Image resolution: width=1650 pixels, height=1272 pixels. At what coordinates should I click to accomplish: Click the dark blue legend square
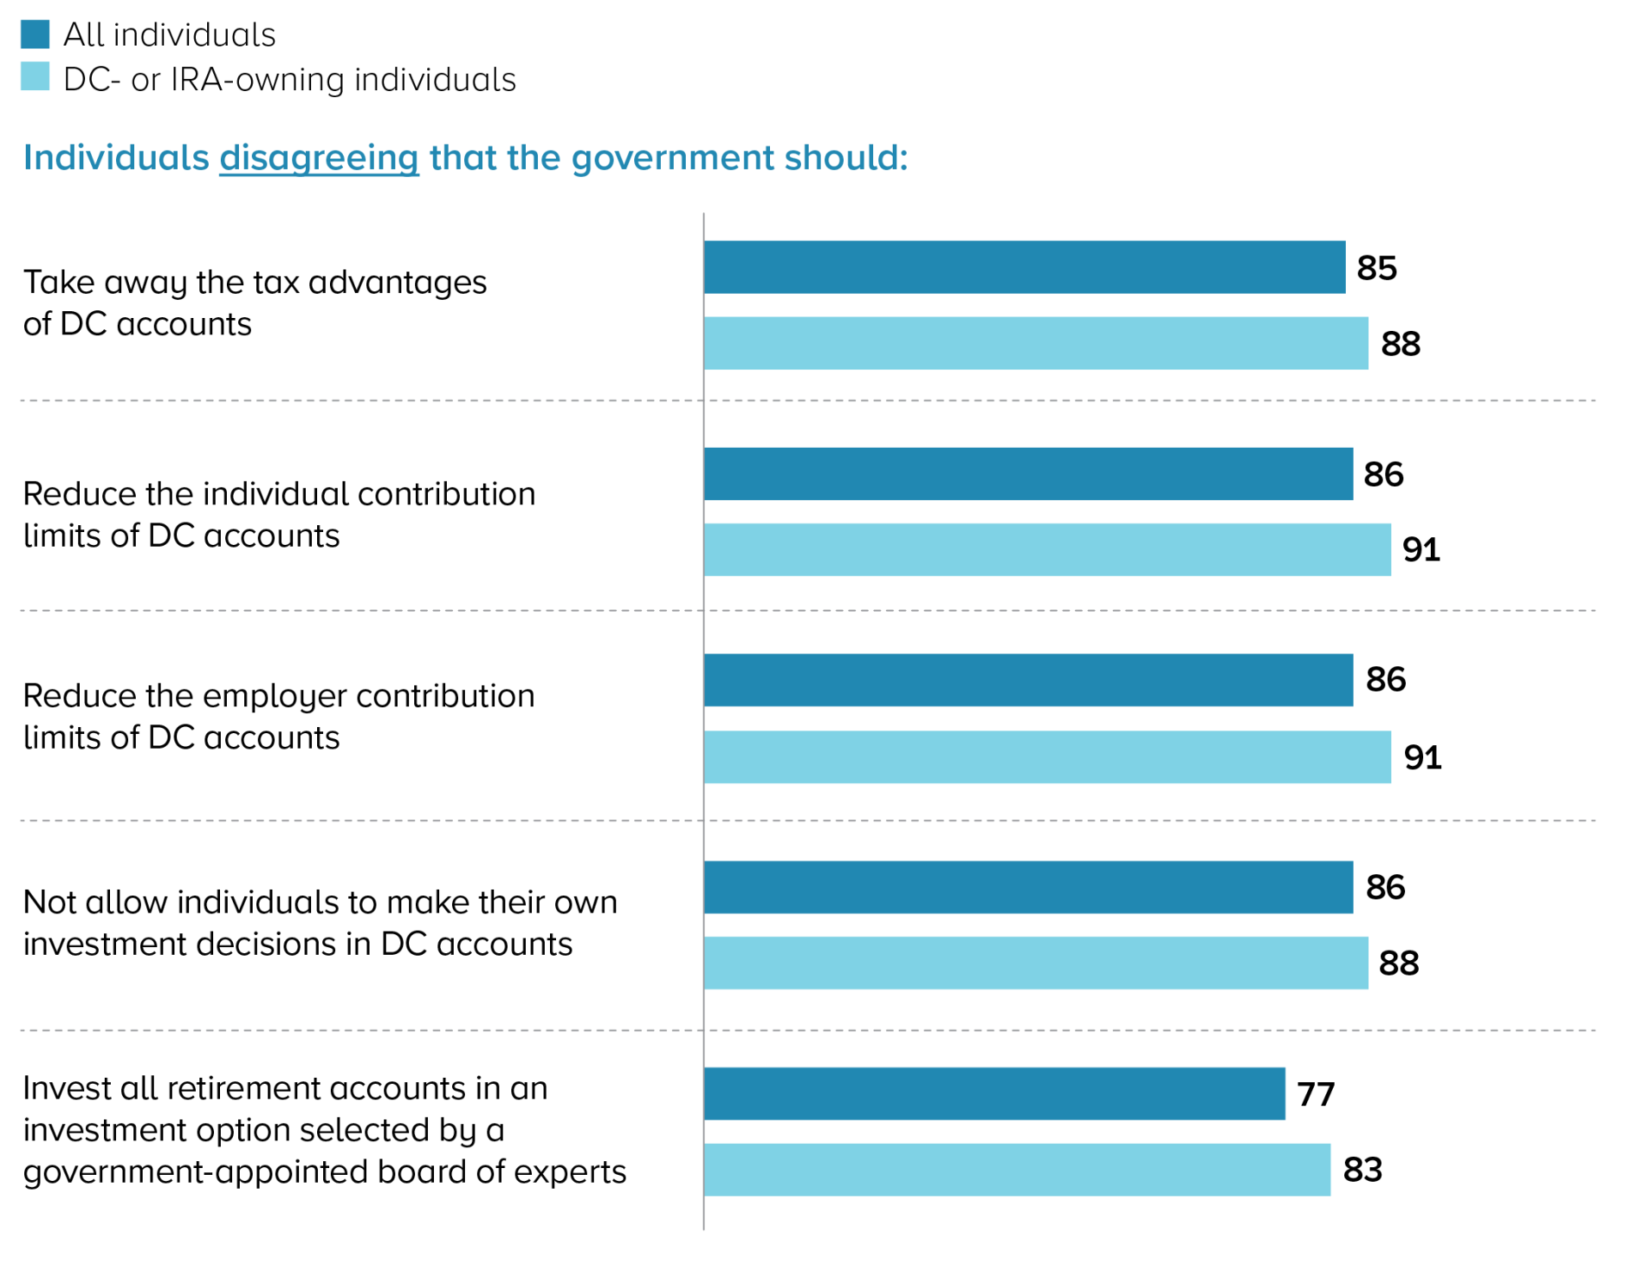[35, 34]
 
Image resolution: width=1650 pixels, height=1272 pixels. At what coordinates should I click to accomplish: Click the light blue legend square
[35, 76]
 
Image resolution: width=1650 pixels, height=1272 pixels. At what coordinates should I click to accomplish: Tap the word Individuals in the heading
[116, 157]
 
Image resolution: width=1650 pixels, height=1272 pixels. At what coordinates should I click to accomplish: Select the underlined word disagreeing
[319, 158]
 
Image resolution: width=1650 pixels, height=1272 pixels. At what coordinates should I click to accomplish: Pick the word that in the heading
[462, 157]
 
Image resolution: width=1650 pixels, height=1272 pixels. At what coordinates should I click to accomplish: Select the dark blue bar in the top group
[1024, 267]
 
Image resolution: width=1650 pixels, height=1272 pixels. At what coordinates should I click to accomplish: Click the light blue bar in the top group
[1036, 344]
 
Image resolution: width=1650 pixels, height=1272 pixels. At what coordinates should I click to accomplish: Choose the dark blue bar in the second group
[1028, 474]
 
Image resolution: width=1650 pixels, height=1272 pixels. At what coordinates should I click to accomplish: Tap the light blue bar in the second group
[1047, 550]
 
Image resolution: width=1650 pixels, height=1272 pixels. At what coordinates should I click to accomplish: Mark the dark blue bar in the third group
[1028, 681]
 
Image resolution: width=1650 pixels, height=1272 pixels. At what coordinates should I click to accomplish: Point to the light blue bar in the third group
[1047, 757]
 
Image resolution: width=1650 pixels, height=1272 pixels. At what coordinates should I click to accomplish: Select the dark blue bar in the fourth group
[1028, 887]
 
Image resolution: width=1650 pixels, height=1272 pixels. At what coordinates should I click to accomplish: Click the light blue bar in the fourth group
[1036, 963]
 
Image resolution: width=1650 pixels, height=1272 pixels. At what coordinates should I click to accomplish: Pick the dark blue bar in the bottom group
[994, 1094]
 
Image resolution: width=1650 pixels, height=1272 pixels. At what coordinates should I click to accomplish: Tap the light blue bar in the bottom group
[1017, 1170]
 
